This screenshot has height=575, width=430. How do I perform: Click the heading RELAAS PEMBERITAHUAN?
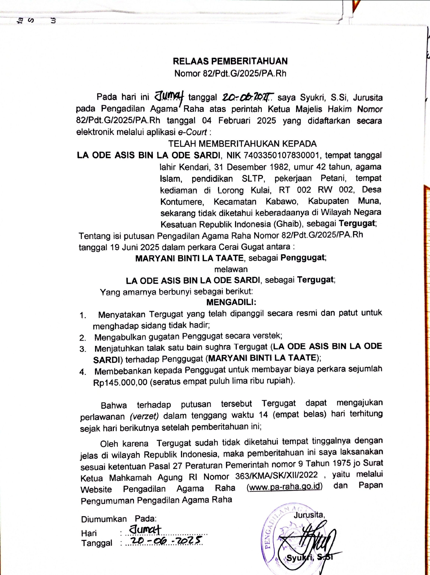(230, 61)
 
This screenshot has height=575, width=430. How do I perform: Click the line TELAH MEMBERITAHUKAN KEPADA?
(242, 143)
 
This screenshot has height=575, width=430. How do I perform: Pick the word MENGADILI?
(231, 302)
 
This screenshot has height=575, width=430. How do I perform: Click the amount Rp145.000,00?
(120, 382)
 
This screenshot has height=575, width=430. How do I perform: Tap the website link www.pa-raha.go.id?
(284, 486)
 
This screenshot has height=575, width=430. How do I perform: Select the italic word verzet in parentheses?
(144, 416)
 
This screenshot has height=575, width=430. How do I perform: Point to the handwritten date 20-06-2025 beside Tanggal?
(165, 541)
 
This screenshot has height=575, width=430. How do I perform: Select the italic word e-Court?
(193, 132)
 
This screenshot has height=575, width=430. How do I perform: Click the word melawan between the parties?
(231, 269)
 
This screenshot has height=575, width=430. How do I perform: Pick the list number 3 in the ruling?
(83, 349)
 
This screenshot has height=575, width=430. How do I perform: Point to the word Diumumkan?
(104, 519)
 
